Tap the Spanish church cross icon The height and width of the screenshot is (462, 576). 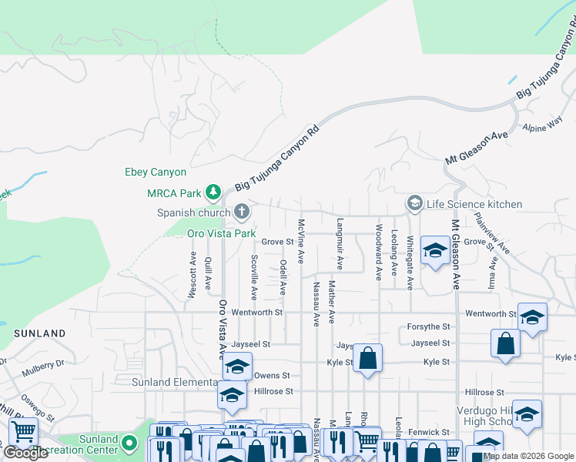242,212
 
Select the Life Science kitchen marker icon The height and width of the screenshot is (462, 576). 415,203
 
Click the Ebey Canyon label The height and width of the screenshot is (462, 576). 156,172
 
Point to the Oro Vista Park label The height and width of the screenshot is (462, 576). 221,233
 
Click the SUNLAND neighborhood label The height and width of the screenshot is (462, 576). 39,333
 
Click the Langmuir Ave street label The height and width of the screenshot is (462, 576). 340,243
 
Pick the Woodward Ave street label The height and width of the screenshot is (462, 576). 378,252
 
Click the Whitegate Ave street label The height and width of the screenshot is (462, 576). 410,263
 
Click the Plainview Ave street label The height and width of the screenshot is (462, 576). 491,233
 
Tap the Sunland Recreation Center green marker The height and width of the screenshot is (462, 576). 132,444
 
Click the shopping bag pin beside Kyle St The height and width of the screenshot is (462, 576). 368,358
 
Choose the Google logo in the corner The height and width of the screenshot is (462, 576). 25,453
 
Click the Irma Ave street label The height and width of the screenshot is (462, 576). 492,273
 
